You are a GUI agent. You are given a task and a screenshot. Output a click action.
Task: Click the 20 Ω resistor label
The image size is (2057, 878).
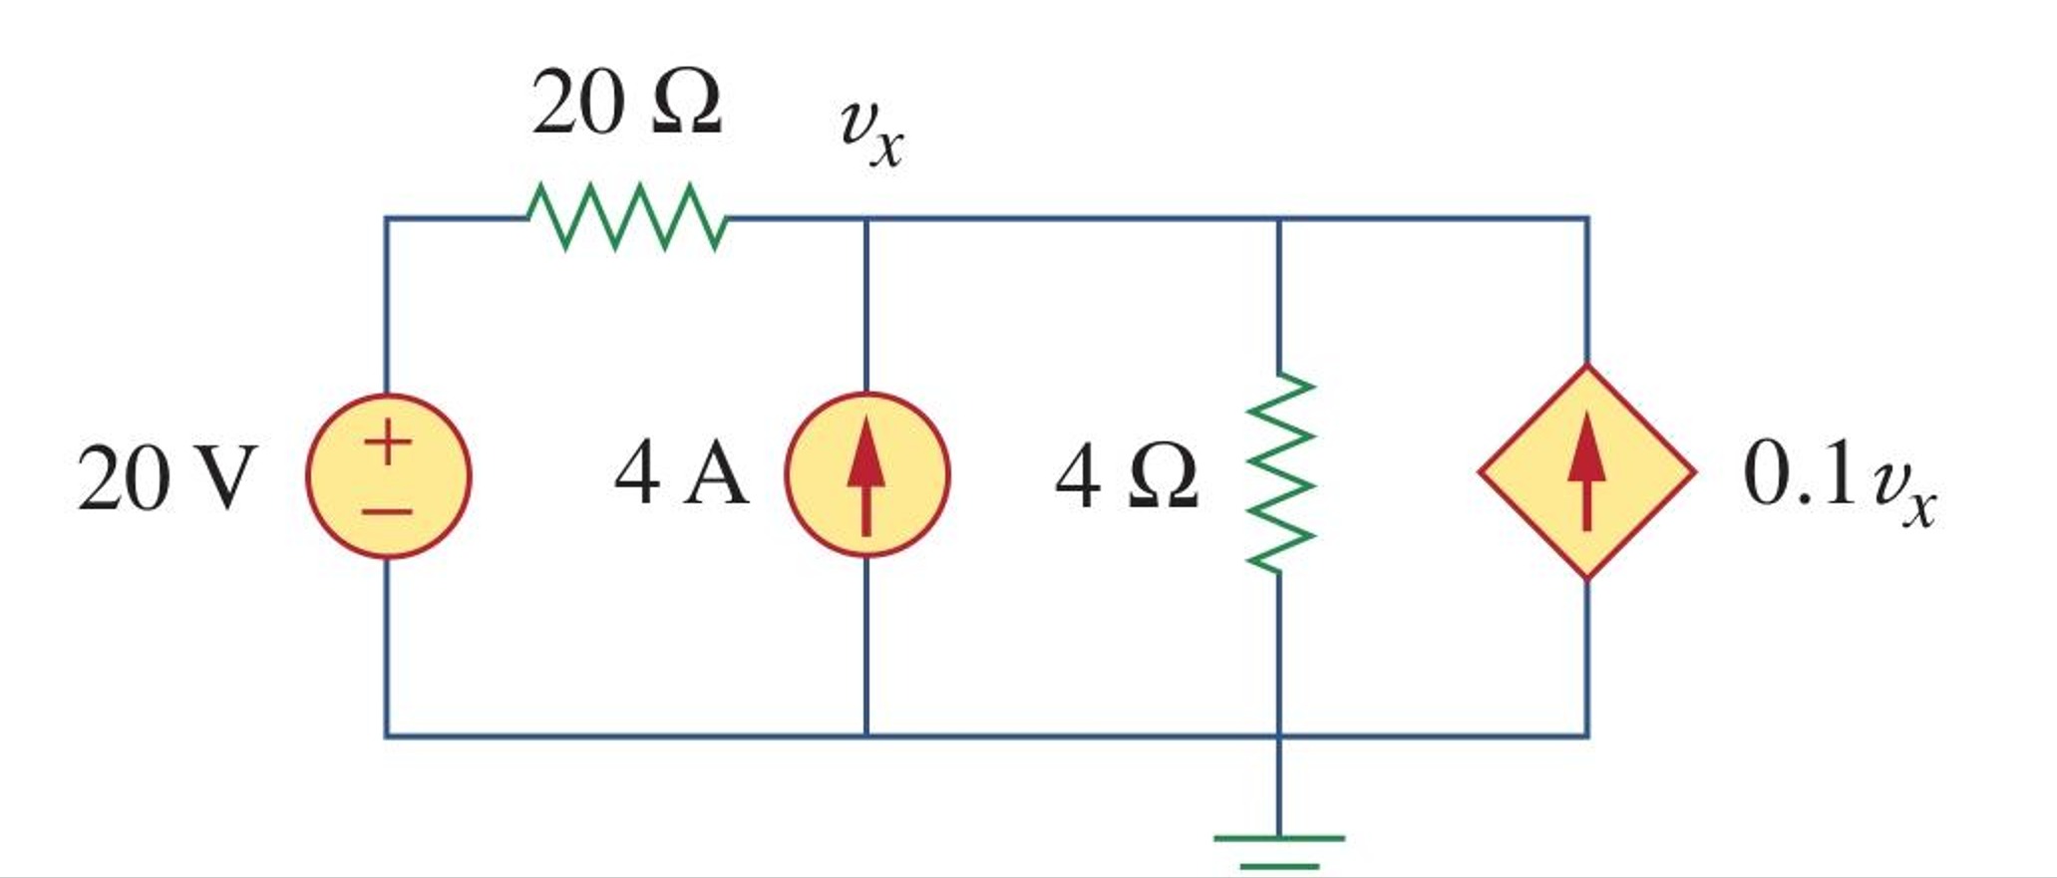626,104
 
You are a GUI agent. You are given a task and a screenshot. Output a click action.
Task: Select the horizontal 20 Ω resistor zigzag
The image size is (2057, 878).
627,216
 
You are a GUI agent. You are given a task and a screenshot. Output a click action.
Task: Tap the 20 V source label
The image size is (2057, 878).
168,478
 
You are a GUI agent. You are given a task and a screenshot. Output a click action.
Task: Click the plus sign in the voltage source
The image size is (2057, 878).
388,441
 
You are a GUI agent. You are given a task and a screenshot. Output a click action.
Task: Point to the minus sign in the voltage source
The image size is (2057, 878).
388,512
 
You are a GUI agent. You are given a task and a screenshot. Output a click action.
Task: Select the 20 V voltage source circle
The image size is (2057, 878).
389,476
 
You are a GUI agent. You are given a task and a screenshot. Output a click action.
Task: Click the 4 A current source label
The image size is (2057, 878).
681,475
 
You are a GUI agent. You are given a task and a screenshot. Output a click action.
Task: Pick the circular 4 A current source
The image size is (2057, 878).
867,475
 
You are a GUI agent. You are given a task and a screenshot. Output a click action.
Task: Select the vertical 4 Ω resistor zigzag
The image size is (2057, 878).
1280,472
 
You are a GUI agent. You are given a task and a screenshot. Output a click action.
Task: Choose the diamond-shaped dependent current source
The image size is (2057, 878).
1586,472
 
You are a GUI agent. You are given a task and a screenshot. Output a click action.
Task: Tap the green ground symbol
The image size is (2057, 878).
1280,849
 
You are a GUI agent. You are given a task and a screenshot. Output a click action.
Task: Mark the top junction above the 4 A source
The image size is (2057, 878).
867,218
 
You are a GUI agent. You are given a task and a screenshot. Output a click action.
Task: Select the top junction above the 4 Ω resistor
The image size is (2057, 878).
1280,218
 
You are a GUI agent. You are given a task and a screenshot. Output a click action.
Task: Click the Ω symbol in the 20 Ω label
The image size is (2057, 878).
686,104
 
